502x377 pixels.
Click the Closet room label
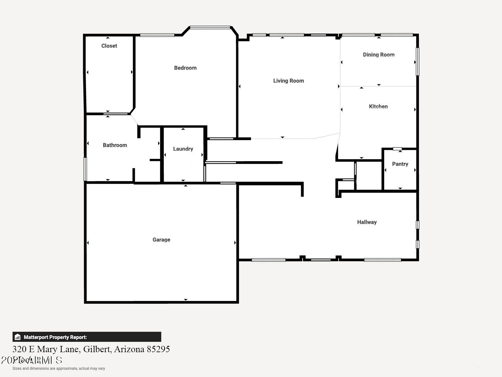(x=109, y=46)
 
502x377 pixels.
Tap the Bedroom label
(x=185, y=68)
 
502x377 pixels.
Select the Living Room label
(x=288, y=81)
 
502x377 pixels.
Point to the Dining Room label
(x=378, y=55)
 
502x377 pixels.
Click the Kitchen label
(x=378, y=107)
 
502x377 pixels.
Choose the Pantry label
(x=400, y=164)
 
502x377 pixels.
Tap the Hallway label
(x=367, y=222)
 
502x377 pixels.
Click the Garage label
(x=161, y=240)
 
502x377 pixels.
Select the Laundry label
(x=183, y=149)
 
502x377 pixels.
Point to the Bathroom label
(x=115, y=145)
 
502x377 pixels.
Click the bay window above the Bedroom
(x=210, y=27)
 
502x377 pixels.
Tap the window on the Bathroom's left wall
(x=85, y=169)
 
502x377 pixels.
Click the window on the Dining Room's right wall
(x=417, y=61)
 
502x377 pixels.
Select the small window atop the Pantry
(x=398, y=149)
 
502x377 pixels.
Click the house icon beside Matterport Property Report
(x=18, y=337)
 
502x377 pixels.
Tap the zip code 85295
(x=158, y=349)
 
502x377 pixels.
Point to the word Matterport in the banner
(x=36, y=337)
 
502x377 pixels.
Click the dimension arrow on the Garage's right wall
(x=235, y=243)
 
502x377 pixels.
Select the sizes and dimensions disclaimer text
(x=59, y=369)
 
